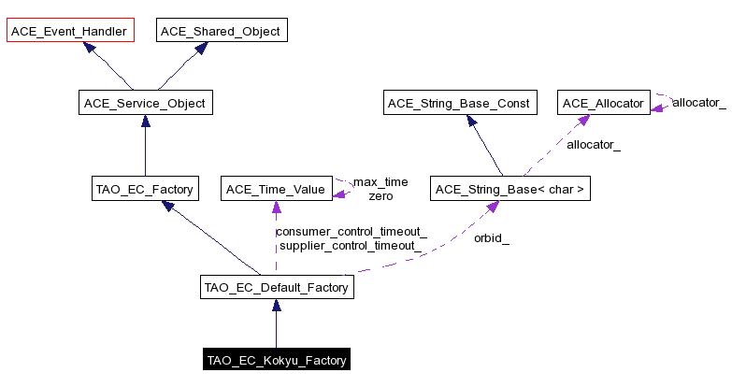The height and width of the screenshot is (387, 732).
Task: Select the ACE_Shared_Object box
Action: (220, 31)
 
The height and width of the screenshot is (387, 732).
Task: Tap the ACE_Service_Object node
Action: (145, 103)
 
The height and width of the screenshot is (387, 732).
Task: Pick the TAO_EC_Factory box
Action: (144, 190)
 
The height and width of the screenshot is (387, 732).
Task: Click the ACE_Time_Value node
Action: (275, 190)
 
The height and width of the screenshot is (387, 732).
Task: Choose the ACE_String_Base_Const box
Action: (461, 103)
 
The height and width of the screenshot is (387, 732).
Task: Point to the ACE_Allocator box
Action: (602, 103)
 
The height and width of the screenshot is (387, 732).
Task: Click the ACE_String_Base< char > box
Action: (510, 190)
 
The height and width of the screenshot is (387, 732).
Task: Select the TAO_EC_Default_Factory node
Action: (276, 288)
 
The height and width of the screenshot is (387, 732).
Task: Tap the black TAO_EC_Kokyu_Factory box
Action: (277, 360)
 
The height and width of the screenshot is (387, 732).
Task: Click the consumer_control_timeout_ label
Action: (352, 231)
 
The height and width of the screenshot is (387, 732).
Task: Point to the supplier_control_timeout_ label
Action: (348, 246)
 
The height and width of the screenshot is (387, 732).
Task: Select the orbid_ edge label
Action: (491, 238)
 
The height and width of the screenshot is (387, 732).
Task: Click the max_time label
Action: (380, 181)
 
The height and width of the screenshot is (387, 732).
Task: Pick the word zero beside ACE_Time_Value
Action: (380, 196)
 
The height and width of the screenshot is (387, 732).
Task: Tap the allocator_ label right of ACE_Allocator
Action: (698, 102)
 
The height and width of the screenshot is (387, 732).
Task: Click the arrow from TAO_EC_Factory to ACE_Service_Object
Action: (145, 147)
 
